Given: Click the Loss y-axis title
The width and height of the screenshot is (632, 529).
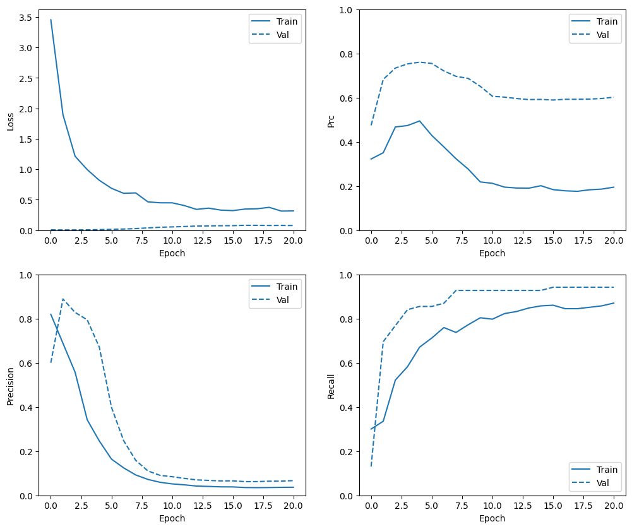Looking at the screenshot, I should point(10,120).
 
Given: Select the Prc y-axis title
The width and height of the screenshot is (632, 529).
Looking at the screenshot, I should point(330,120).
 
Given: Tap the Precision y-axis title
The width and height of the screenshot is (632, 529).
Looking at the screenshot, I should point(10,385).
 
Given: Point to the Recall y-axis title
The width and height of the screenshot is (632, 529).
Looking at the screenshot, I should point(330,385).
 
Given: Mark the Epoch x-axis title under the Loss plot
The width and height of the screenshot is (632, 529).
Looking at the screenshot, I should point(172,253).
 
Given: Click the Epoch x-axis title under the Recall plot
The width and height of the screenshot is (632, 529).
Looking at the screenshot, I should point(492,518).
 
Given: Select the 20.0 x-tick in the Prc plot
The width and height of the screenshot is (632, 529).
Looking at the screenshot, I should point(614,241).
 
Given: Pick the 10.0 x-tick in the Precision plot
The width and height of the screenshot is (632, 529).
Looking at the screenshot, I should point(172,506).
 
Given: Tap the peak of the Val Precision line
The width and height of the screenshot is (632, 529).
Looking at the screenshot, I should point(63,299).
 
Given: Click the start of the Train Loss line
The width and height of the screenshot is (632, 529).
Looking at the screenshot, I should point(51,20).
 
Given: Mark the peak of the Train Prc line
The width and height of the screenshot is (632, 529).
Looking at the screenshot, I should point(419,121).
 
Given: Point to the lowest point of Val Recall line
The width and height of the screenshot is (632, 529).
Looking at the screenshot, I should point(371,466).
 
